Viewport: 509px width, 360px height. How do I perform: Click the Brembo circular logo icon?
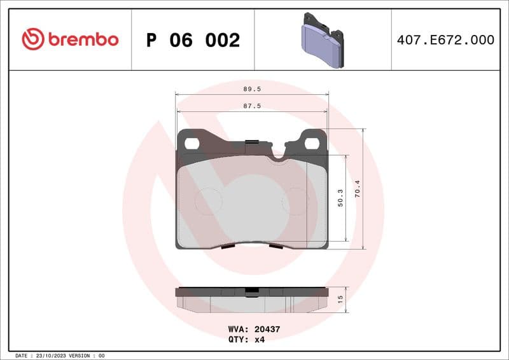(x=32, y=39)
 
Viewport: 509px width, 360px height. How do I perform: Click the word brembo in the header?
(x=82, y=39)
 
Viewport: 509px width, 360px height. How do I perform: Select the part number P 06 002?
(x=193, y=40)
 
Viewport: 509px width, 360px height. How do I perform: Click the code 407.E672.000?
(x=445, y=40)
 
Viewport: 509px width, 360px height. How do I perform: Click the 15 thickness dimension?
(x=340, y=299)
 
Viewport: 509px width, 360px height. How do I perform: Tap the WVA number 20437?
(x=267, y=329)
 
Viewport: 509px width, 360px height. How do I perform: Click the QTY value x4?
(x=259, y=340)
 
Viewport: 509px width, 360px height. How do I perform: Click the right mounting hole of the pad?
(x=312, y=143)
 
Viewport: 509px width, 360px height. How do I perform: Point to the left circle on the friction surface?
(x=208, y=201)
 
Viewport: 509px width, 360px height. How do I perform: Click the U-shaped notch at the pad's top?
(x=278, y=153)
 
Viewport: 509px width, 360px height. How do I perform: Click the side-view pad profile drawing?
(x=252, y=299)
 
